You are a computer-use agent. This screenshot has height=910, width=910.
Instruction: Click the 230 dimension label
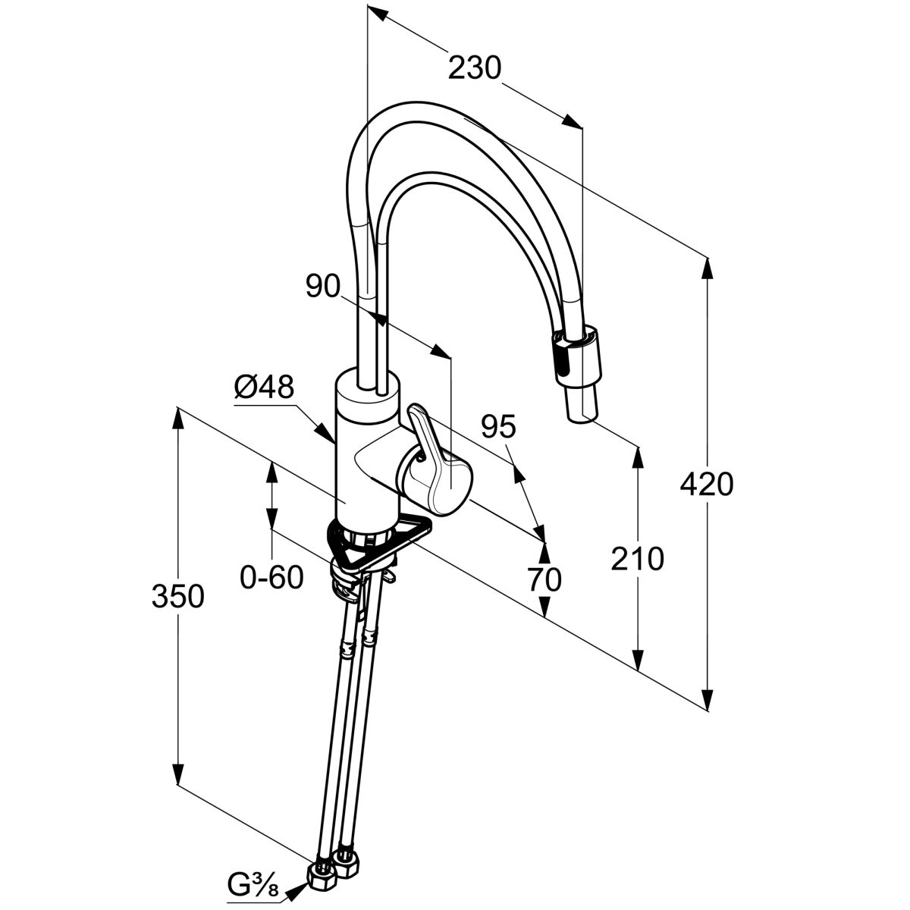tap(474, 68)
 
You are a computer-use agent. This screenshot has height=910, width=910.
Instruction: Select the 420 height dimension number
tap(707, 485)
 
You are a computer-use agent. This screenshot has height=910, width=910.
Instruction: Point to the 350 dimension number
tap(177, 597)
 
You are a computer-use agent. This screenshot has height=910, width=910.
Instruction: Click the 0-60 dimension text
tap(271, 577)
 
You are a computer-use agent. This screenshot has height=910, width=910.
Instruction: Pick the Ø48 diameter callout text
tap(265, 388)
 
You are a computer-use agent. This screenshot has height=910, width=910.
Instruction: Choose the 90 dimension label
tap(323, 286)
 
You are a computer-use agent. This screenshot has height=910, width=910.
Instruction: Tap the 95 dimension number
tap(499, 428)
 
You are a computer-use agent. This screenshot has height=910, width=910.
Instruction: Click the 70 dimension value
tap(544, 580)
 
